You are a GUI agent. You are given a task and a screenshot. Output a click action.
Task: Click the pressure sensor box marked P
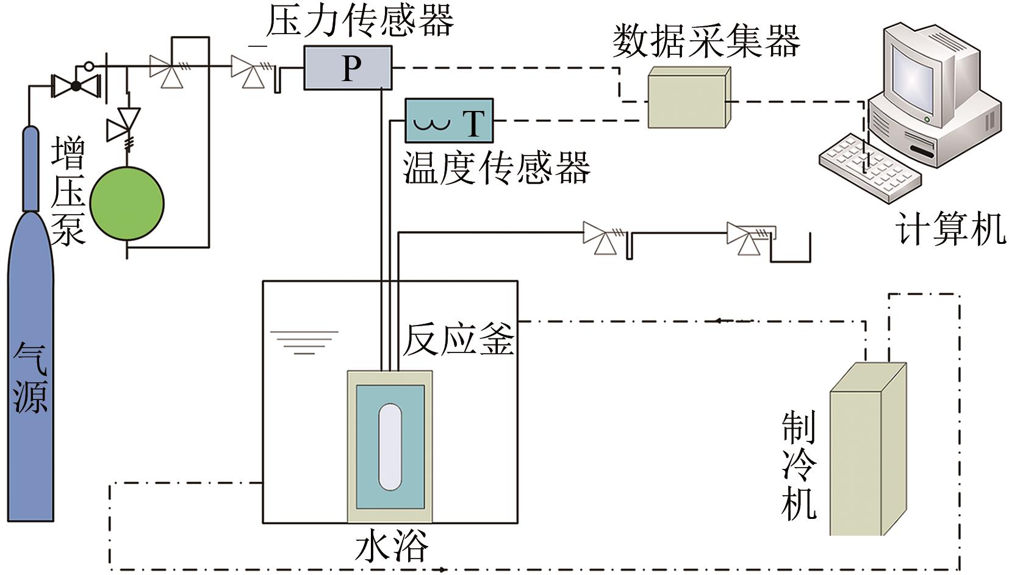point(348,68)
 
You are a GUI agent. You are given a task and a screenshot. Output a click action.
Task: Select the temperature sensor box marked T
point(449,121)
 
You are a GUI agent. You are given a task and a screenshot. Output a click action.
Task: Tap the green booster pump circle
point(127,203)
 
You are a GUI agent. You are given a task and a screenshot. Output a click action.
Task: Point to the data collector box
point(688,98)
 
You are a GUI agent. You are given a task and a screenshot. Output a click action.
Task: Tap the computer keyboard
point(869,166)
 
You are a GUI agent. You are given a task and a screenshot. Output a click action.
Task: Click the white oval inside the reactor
point(390,446)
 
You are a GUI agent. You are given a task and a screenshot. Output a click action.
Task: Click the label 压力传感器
point(360,22)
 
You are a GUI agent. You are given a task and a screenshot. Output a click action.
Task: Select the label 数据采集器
point(706,41)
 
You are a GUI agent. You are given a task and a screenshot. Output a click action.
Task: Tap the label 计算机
point(950,229)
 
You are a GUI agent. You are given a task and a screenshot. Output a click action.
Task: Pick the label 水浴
point(391,546)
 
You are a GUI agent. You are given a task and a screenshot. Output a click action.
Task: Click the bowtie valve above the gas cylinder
point(76,86)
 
